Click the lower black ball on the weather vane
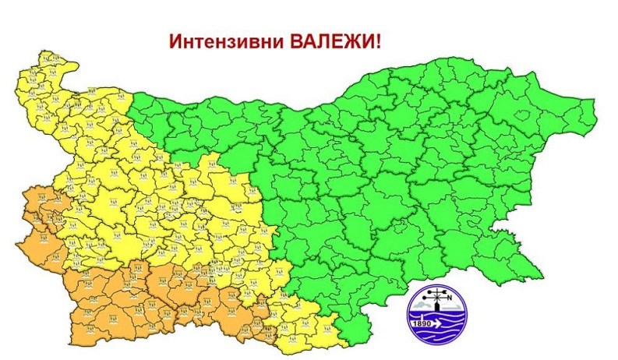pyautogui.click(x=437, y=302)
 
